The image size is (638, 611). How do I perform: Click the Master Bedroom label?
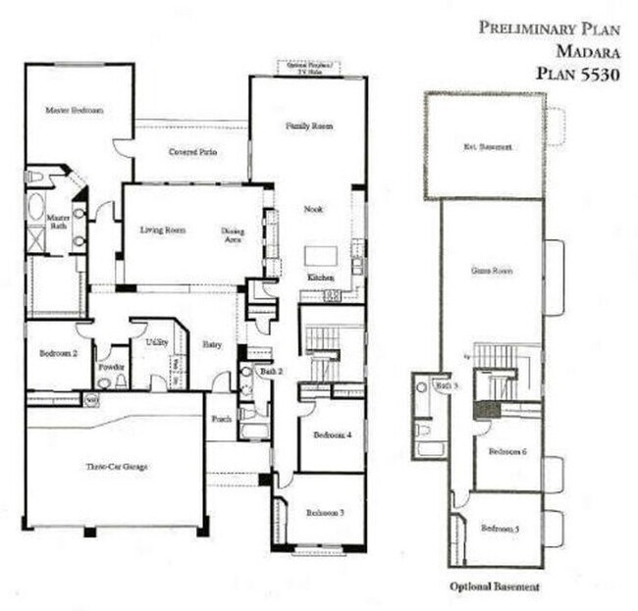pos(75,111)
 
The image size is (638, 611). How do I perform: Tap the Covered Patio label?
pos(192,153)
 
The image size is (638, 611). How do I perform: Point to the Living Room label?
pos(162,230)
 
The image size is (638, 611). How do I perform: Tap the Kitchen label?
pos(321,279)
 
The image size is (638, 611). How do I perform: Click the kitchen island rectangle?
pos(320,256)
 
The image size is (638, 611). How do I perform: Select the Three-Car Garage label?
pos(116,467)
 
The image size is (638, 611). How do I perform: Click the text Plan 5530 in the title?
pos(577,74)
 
